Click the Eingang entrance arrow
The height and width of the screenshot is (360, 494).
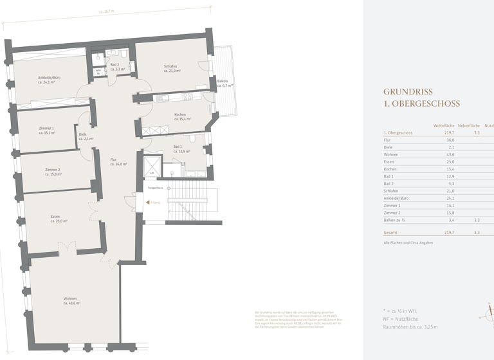tap(147, 202)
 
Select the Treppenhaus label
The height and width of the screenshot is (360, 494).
tap(155, 188)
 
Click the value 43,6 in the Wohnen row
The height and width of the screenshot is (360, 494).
tap(448, 154)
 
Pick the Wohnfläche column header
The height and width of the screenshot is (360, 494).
tap(444, 125)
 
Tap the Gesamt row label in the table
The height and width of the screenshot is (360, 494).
tap(390, 233)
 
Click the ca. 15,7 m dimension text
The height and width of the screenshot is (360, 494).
tap(107, 11)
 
